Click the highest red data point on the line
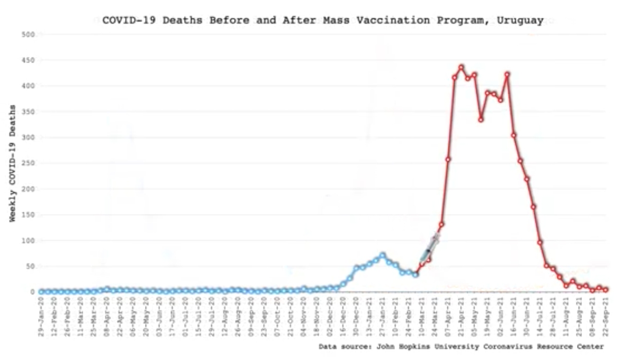point(461,67)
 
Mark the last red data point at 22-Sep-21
point(606,290)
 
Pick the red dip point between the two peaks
point(481,119)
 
